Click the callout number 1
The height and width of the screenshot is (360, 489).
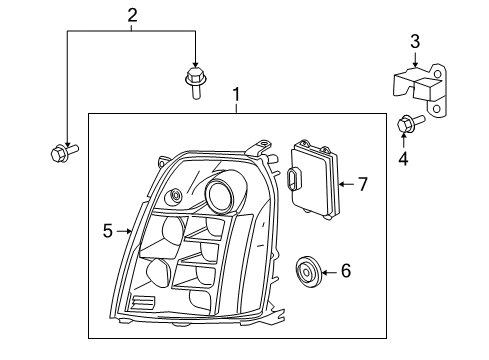(x=236, y=96)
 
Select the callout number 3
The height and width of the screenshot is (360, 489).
(x=415, y=41)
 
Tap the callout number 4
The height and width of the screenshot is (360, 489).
(x=402, y=157)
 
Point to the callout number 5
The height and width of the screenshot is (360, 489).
(x=107, y=231)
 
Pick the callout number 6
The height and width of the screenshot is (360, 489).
(x=346, y=270)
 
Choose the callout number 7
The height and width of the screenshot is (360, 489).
(x=363, y=183)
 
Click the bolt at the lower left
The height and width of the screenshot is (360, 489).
(x=62, y=153)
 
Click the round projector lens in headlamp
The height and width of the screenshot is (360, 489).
(x=221, y=194)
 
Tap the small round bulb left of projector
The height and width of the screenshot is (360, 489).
(x=177, y=196)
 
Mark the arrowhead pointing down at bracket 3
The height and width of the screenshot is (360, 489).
(x=415, y=62)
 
